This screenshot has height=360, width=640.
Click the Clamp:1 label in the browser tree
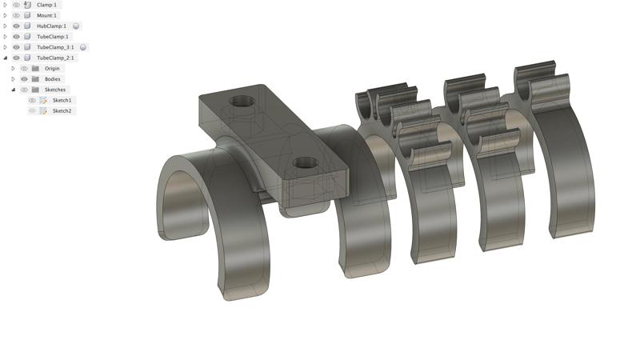46,5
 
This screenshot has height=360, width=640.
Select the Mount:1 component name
46,15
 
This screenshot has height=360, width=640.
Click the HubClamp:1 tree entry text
51,26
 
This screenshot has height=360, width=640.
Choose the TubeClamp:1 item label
53,37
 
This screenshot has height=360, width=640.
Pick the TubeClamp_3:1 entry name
55,47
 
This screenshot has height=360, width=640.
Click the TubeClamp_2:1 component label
55,58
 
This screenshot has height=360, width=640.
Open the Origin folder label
52,69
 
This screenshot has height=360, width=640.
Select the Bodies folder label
52,79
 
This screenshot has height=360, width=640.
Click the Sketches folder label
55,90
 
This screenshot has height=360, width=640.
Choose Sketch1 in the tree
62,101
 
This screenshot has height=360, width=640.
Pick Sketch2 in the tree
62,111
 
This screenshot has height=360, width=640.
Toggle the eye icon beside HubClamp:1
16,26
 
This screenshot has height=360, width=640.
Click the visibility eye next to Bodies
24,79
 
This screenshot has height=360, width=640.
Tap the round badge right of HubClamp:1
76,26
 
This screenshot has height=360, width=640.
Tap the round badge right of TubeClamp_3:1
82,47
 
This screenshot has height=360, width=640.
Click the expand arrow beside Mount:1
6,15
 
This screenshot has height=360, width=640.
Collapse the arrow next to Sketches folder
13,90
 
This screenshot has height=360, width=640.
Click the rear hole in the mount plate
240,102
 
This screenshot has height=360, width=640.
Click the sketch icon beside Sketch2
43,111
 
